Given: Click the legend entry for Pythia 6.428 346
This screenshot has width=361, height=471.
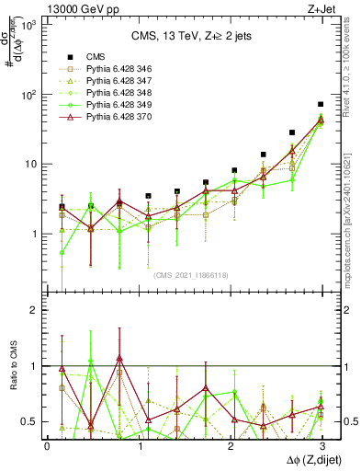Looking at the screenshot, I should coord(116,69).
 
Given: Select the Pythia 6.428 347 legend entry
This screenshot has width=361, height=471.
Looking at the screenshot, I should coord(116,81).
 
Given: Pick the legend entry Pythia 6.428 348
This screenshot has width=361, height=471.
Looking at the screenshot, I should coord(116,93).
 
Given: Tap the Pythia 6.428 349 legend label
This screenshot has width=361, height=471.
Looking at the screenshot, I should coord(116,105).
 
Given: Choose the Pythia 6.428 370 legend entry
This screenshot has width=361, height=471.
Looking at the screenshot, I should coord(116,117).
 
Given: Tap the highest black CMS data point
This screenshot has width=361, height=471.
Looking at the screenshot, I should coord(321,105).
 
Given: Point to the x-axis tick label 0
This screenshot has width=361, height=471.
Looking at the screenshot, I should coord(47,445).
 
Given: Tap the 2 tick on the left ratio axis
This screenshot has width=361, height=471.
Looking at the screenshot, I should coord(38,310).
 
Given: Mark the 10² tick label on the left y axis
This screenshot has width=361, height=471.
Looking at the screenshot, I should coord(30,94).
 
